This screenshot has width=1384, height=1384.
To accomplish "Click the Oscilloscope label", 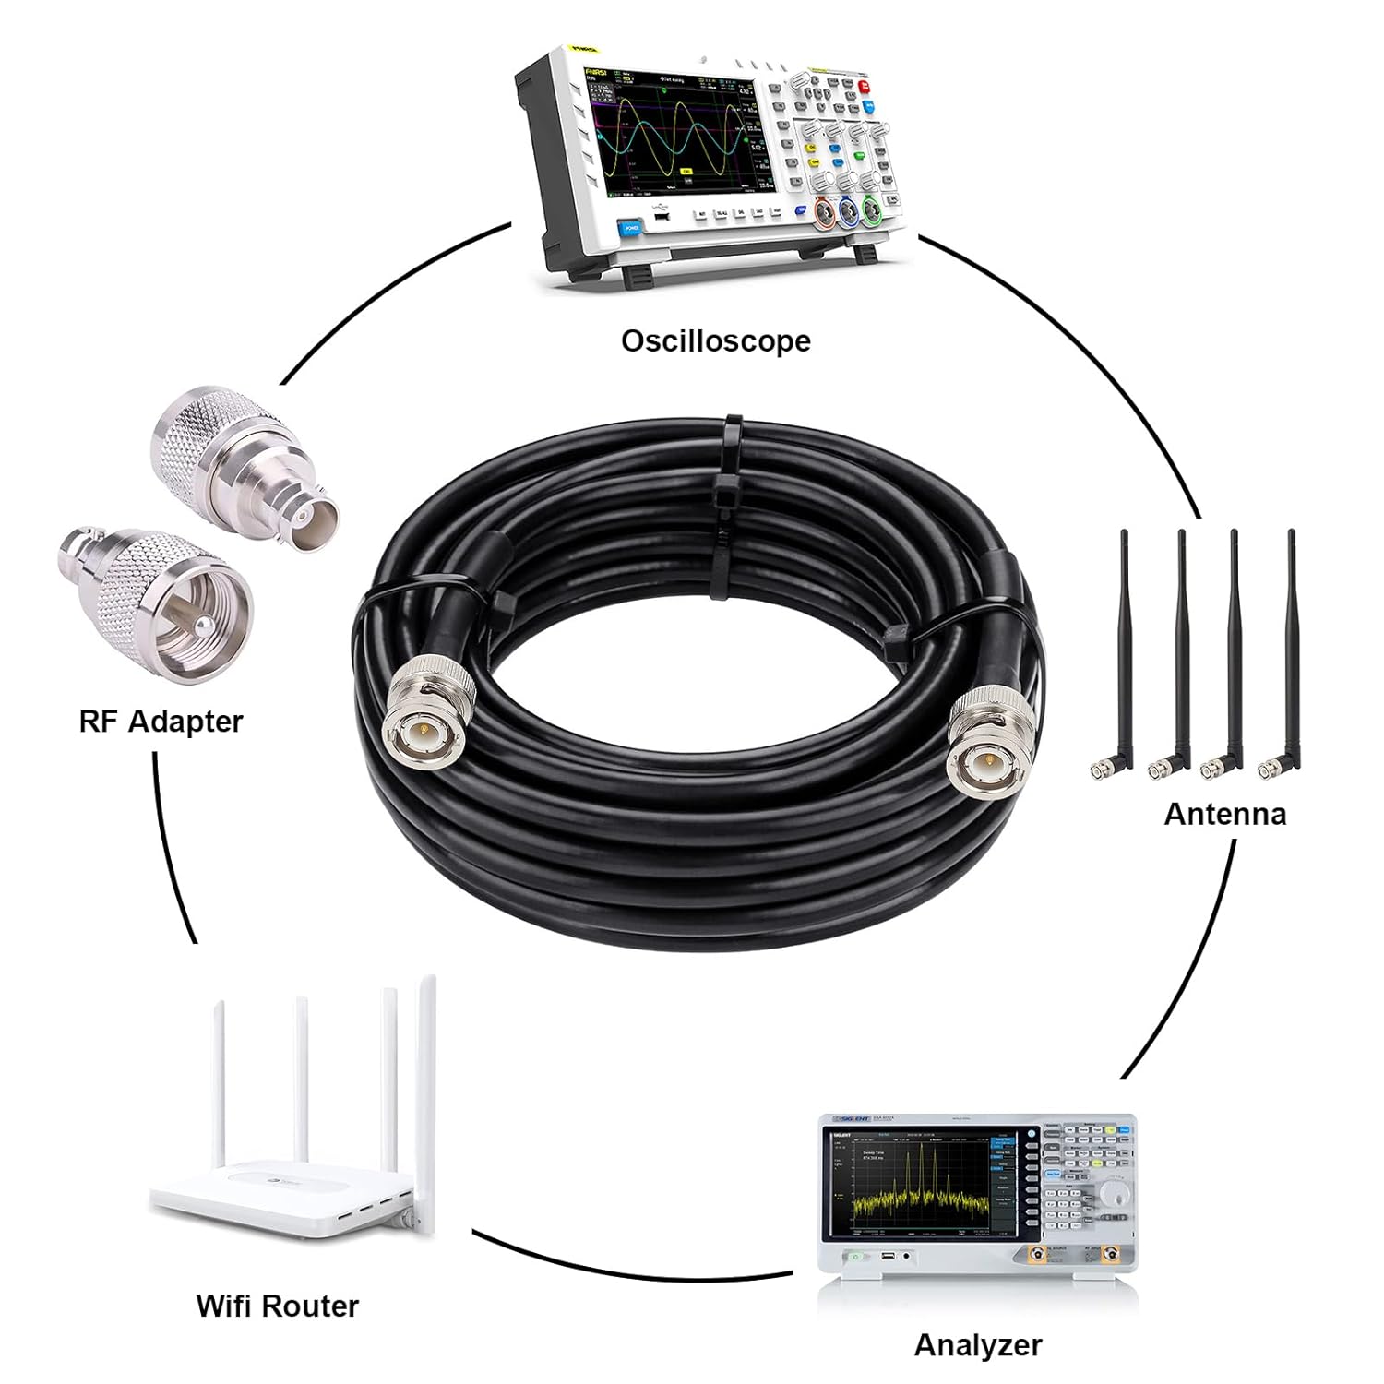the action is click(715, 340).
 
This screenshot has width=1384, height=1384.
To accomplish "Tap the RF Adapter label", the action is click(161, 721).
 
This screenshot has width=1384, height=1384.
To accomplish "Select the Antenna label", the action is click(1224, 814).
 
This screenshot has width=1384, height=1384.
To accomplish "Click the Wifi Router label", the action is click(277, 1306).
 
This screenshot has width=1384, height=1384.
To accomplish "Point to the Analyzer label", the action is click(977, 1345).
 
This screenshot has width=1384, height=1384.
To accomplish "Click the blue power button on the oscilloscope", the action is click(631, 226).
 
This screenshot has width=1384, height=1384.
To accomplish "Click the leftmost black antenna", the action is click(1123, 646).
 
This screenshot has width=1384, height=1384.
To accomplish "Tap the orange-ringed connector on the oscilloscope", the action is click(824, 214).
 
